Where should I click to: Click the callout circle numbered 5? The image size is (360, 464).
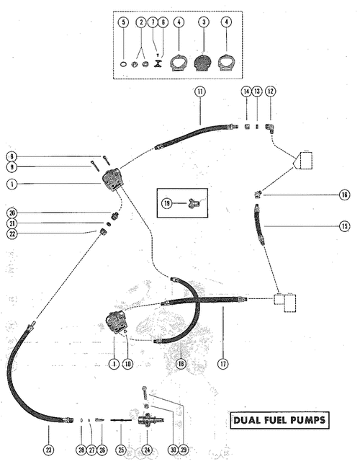click(x=123, y=22)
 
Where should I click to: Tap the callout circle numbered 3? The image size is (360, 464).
click(x=204, y=22)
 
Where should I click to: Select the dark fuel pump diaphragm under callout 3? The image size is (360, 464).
click(x=204, y=63)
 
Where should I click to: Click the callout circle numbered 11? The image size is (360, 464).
click(x=200, y=92)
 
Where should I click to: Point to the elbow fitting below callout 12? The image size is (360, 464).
click(x=271, y=128)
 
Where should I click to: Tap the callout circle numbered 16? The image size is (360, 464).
click(x=345, y=195)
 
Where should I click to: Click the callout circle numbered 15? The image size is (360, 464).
click(x=345, y=226)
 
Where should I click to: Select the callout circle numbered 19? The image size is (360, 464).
click(x=167, y=203)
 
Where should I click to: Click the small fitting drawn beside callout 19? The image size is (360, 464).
click(x=194, y=203)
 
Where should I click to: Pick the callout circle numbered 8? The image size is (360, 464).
click(x=12, y=156)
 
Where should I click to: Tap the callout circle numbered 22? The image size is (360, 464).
click(x=12, y=233)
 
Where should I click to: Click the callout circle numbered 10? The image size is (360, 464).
click(x=127, y=364)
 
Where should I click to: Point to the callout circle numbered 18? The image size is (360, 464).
click(x=181, y=364)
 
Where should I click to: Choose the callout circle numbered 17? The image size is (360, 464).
click(x=223, y=364)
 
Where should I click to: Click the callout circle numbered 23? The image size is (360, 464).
click(x=48, y=450)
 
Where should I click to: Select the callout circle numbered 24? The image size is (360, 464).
click(x=147, y=450)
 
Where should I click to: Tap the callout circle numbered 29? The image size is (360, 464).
click(x=184, y=450)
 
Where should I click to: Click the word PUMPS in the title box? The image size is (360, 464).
click(x=307, y=420)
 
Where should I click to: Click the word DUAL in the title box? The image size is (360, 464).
click(x=245, y=420)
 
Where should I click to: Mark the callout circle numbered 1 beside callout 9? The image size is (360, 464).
click(x=12, y=184)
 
